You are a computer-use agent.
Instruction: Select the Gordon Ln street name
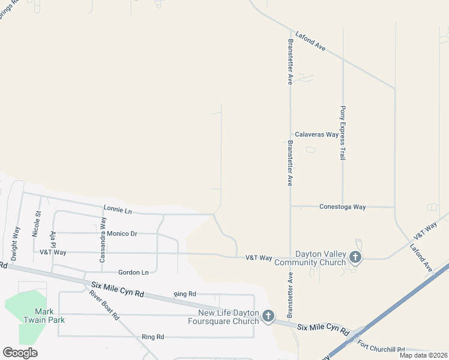point(133,272)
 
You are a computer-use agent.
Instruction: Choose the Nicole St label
point(38,221)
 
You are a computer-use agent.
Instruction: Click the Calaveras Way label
point(316,134)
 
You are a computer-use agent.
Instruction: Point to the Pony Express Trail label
point(343,133)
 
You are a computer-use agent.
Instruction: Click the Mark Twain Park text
point(49,316)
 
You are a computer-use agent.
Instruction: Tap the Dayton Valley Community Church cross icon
point(355,258)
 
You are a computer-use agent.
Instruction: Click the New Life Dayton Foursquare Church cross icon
point(268,316)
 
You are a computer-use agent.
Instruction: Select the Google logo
point(20,353)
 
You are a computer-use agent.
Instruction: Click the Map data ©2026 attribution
point(423,355)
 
